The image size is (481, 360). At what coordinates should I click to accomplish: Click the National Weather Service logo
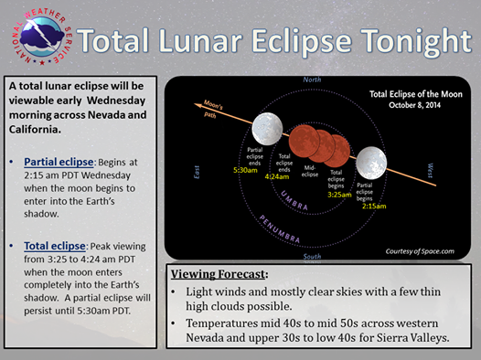42,37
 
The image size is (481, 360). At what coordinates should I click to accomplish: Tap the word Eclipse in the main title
302,41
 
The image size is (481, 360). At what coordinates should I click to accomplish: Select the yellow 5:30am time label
245,170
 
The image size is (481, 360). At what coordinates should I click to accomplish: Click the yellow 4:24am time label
277,176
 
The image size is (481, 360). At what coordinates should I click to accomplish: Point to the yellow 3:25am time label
339,195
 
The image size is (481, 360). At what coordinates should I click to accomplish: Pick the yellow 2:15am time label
374,206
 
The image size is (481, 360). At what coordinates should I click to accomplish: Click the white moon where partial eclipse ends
267,129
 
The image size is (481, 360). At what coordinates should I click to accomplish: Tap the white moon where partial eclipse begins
371,163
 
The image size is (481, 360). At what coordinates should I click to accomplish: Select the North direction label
312,79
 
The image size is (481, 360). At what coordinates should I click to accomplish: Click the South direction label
312,257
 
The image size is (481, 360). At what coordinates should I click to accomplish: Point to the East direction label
197,172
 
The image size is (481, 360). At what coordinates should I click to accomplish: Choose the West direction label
431,171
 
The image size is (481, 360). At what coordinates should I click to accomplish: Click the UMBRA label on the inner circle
294,200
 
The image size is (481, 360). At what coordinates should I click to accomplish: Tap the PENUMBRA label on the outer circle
280,228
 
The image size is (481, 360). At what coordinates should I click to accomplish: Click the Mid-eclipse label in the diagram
310,171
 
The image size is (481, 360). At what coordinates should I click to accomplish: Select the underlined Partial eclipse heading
59,162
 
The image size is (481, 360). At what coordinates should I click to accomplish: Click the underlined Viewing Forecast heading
218,274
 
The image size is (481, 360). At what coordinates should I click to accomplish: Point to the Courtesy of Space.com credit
420,251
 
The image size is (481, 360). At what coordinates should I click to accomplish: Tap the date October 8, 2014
415,105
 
